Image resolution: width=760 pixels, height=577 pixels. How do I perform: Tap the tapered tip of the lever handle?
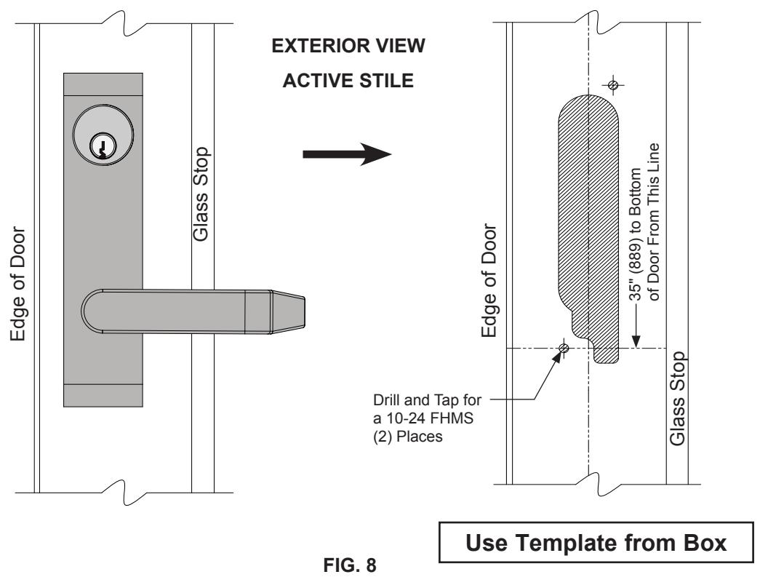pos(288,311)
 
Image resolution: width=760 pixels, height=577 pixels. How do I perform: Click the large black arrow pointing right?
pos(347,154)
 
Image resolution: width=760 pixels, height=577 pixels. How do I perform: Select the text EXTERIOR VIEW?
pos(348,46)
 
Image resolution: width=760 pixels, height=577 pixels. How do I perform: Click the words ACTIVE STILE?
pos(348,81)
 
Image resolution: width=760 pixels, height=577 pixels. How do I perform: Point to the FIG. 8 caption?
pos(350,565)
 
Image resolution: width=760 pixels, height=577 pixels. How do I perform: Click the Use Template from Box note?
pos(596,543)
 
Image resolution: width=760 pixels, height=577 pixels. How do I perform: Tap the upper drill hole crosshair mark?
pos(613,85)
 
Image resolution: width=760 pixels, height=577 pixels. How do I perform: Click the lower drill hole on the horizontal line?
pos(563,348)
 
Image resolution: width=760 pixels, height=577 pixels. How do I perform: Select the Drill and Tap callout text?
pos(427,418)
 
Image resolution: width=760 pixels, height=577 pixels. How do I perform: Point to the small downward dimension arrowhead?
pos(636,341)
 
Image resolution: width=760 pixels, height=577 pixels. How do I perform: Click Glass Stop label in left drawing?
pos(201,194)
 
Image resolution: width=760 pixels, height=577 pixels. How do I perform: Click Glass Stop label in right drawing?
pos(677,399)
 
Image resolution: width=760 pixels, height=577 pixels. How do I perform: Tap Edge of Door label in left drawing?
pos(18,284)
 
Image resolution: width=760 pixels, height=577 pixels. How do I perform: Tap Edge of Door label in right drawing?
pos(489,281)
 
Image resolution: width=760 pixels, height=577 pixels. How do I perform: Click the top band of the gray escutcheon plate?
pos(103,84)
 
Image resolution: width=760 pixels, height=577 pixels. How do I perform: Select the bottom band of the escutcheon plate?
pos(103,396)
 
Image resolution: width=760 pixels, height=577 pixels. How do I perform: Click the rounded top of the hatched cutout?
pos(589,104)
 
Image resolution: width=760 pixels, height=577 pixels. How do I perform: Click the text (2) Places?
pos(407,437)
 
